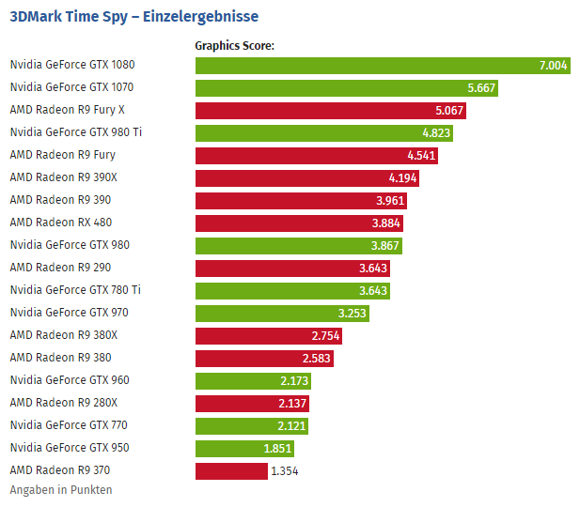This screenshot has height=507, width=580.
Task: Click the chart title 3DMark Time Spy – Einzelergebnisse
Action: click(x=133, y=16)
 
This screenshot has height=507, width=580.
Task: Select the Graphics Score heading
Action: click(x=234, y=44)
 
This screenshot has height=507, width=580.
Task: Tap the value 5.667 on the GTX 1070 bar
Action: click(x=481, y=87)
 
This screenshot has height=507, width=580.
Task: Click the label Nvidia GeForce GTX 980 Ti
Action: click(x=76, y=132)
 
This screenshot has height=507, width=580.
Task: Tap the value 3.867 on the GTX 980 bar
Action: click(x=385, y=245)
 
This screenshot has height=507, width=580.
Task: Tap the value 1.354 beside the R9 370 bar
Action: click(x=284, y=470)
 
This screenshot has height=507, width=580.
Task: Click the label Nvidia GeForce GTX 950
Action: click(x=70, y=448)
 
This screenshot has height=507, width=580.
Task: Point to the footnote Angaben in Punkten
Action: click(x=61, y=490)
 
